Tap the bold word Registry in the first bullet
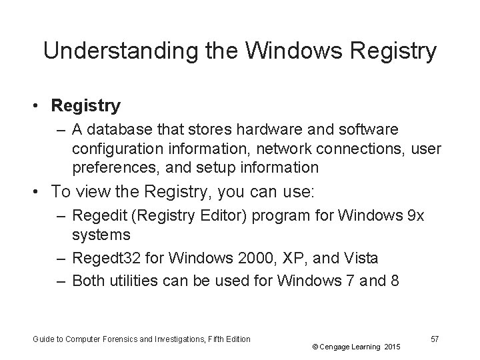[85, 105]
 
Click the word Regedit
[96, 216]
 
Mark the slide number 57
[434, 339]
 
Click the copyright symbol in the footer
[313, 347]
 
